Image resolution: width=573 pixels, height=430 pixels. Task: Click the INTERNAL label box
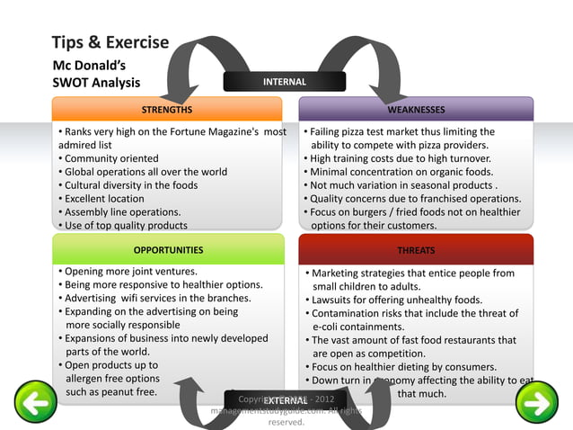(284, 82)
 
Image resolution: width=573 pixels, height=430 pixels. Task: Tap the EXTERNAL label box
(286, 400)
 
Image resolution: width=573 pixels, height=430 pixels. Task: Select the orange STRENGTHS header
(167, 110)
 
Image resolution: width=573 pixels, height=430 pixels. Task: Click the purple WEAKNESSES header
(416, 110)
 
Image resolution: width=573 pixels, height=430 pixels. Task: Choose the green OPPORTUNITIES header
(168, 250)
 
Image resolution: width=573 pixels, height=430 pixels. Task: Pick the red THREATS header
(416, 250)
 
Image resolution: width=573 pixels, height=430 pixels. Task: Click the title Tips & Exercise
(110, 43)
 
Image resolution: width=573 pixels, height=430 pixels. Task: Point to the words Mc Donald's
(87, 65)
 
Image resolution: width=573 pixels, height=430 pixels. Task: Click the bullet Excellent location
(104, 198)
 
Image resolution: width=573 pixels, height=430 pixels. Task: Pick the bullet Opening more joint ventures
(130, 271)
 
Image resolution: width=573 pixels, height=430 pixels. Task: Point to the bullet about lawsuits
(396, 300)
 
